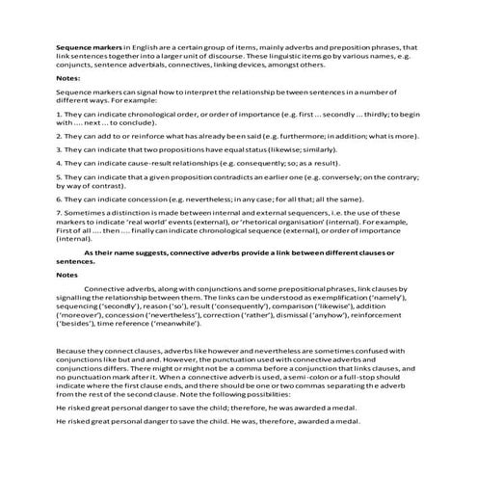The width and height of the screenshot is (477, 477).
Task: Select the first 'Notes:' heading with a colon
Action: pos(68,77)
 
